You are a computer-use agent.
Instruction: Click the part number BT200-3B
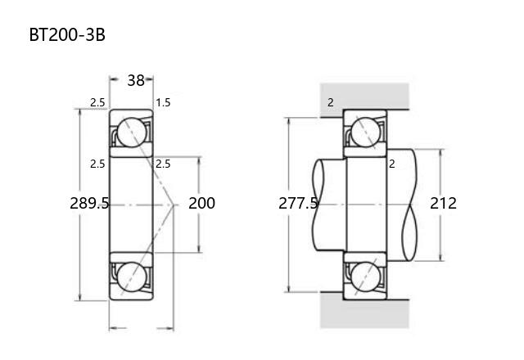pos(67,34)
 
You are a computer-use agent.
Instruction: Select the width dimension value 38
pos(136,80)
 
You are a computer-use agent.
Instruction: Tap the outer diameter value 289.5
pos(89,203)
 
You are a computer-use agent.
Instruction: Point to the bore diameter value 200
pos(201,203)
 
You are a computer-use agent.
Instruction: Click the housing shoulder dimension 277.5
pos(298,203)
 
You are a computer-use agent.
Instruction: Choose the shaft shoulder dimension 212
pos(443,203)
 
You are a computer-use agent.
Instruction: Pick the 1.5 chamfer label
pos(163,102)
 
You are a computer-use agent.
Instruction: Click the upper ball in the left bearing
pos(132,133)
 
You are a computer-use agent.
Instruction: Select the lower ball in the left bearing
pos(132,277)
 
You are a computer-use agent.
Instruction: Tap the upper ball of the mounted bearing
pos(366,133)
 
